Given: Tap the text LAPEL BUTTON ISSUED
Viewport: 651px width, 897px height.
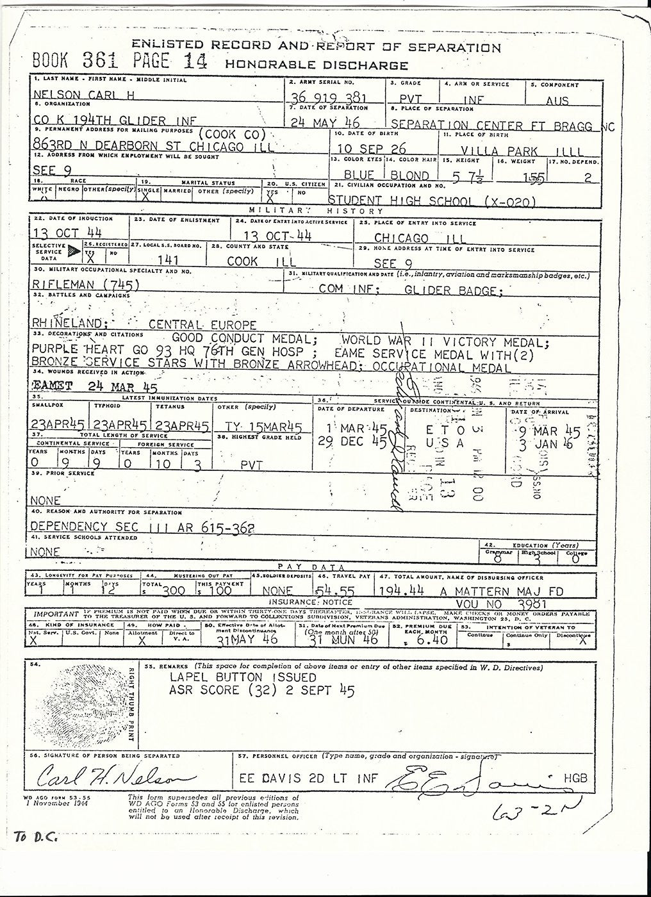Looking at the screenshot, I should pos(243,677).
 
